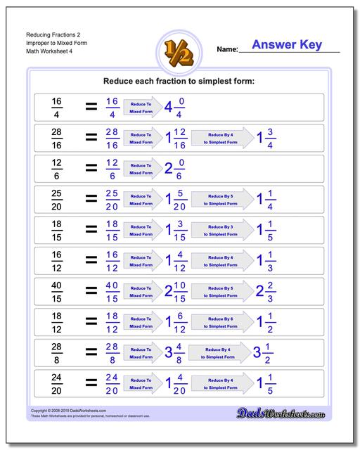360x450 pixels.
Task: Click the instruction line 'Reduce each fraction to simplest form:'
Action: [x=179, y=82]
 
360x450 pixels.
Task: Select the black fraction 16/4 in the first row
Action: [x=57, y=108]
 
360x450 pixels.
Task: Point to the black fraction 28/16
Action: [x=57, y=138]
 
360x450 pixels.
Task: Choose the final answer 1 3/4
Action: [x=265, y=138]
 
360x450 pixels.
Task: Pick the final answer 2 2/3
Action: [x=265, y=291]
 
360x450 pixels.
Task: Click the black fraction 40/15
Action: [x=57, y=291]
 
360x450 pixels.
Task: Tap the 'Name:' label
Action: [x=227, y=50]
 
